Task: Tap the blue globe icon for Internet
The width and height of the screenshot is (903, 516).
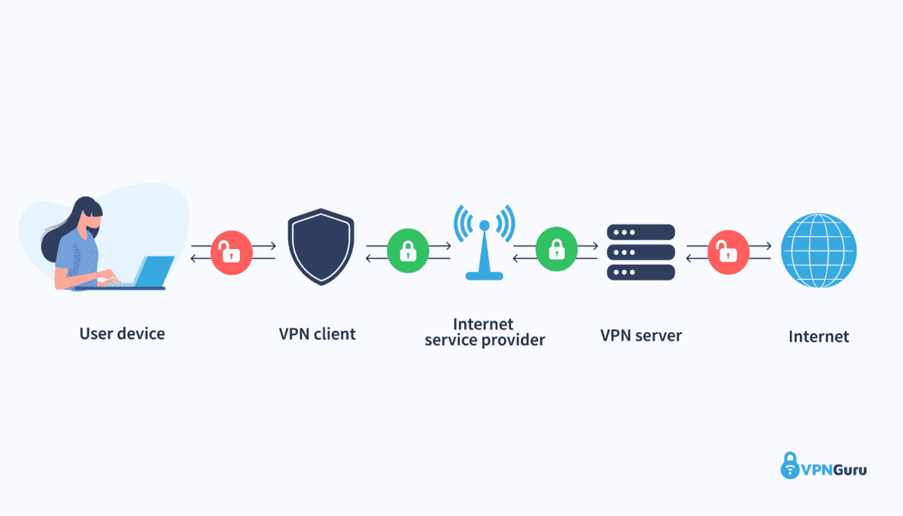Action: point(819,251)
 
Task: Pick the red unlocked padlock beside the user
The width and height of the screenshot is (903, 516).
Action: point(232,252)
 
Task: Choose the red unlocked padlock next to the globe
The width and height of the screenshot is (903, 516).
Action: point(728,252)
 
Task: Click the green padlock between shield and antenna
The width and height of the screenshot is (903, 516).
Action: point(408,251)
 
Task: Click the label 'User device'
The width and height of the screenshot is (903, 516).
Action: point(122,333)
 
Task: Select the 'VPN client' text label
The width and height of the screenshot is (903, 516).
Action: point(317,333)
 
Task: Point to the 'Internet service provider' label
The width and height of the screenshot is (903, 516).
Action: point(485,332)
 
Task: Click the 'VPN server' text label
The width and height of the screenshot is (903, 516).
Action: point(641,335)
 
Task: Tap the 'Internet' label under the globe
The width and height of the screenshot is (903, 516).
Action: point(819,336)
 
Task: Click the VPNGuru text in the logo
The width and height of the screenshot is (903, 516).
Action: point(834,470)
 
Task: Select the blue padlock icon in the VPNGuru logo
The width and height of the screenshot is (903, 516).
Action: point(789,465)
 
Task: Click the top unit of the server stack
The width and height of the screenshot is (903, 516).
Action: point(641,232)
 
